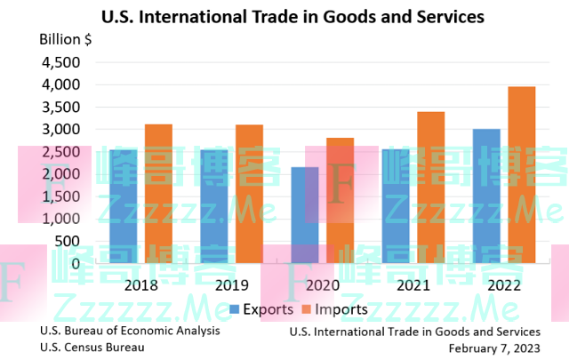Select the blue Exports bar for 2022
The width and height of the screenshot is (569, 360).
[x=486, y=196]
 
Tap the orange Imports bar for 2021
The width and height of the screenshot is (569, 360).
[x=431, y=187]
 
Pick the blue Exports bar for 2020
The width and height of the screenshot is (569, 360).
[x=305, y=214]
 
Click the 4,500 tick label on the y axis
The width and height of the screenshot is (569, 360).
[x=60, y=62]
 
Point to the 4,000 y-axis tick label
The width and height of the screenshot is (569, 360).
[x=60, y=84]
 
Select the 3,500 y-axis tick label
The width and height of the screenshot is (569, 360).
[x=60, y=107]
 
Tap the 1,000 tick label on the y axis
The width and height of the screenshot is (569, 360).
[x=60, y=218]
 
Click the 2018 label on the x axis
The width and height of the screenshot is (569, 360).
[x=141, y=286]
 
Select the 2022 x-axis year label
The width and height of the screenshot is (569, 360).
[x=504, y=286]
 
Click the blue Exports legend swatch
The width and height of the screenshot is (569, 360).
[x=236, y=309]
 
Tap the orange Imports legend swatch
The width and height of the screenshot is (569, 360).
[x=307, y=309]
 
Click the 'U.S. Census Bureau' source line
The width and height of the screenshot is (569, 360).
[x=92, y=347]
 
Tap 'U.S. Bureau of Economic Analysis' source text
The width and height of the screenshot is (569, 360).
[x=130, y=331]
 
